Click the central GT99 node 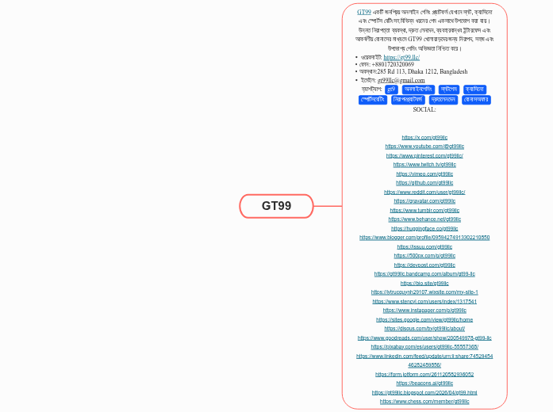click(277, 206)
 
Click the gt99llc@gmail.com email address click(401, 80)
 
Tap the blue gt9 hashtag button click(390, 90)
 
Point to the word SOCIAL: click(424, 109)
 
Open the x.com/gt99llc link click(424, 138)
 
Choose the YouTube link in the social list click(424, 147)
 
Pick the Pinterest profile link click(424, 156)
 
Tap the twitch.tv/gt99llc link click(424, 165)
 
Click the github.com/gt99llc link click(424, 183)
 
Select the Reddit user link click(424, 192)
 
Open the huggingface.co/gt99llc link click(424, 228)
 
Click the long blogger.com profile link click(424, 238)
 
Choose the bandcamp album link click(424, 274)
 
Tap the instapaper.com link click(424, 311)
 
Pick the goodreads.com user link click(424, 338)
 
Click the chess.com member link click(424, 402)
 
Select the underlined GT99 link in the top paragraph click(363, 13)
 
